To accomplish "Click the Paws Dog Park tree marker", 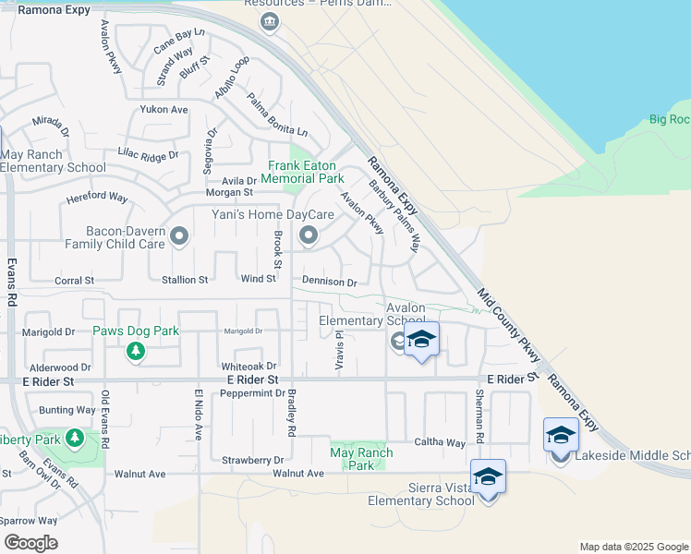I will click(x=136, y=351).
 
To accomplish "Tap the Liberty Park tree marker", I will click(x=74, y=437).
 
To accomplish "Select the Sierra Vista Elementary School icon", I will click(x=488, y=476).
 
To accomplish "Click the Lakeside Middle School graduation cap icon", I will click(x=561, y=434).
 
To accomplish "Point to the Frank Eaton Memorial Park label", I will click(x=302, y=172).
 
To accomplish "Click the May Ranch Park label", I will click(x=361, y=459).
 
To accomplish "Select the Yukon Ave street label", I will click(x=164, y=110).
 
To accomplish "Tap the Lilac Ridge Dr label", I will click(x=148, y=155).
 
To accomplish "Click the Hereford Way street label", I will click(x=97, y=198).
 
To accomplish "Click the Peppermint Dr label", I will click(x=252, y=393).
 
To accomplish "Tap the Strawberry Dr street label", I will click(x=252, y=459).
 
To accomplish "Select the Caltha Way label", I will click(x=440, y=443).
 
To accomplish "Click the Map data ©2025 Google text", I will click(x=634, y=547).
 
